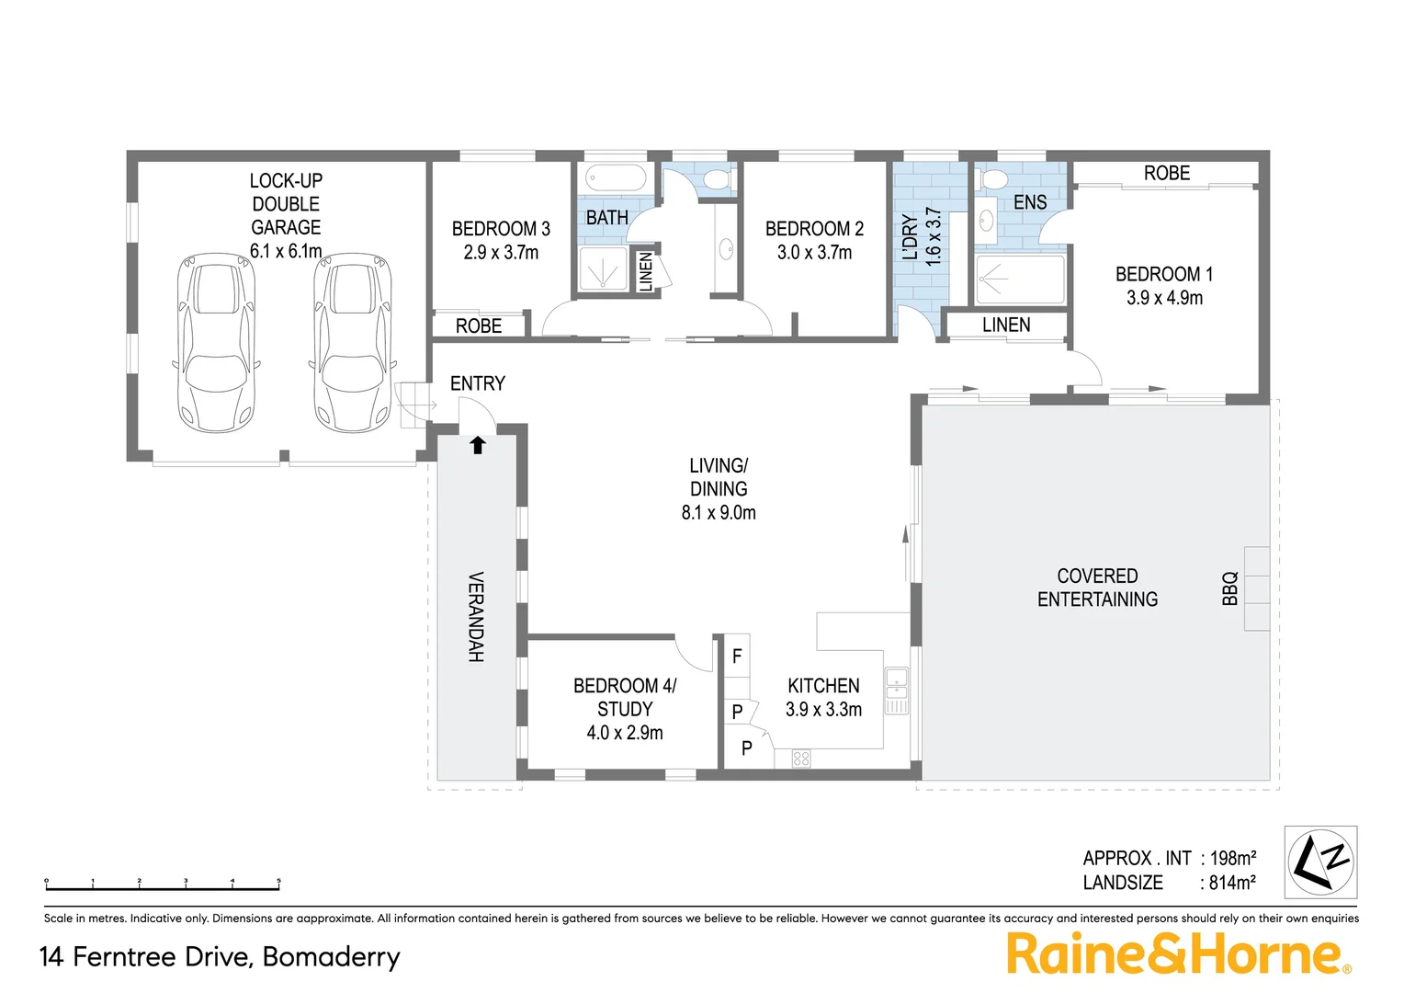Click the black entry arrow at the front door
(x=478, y=446)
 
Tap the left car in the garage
(x=214, y=343)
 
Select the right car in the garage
(x=352, y=343)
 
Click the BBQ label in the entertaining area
(x=1230, y=588)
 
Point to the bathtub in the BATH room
(x=617, y=177)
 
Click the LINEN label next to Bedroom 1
(x=1006, y=325)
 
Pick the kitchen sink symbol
(x=896, y=691)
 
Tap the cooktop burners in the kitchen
(x=801, y=759)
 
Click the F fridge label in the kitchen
(x=737, y=657)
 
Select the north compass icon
(x=1320, y=862)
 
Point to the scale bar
(x=163, y=885)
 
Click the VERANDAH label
(x=476, y=617)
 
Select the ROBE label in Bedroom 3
(x=479, y=326)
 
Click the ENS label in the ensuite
(x=1030, y=203)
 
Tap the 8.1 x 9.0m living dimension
(x=719, y=513)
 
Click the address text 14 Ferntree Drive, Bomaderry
(x=220, y=957)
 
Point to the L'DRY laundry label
(x=911, y=238)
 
